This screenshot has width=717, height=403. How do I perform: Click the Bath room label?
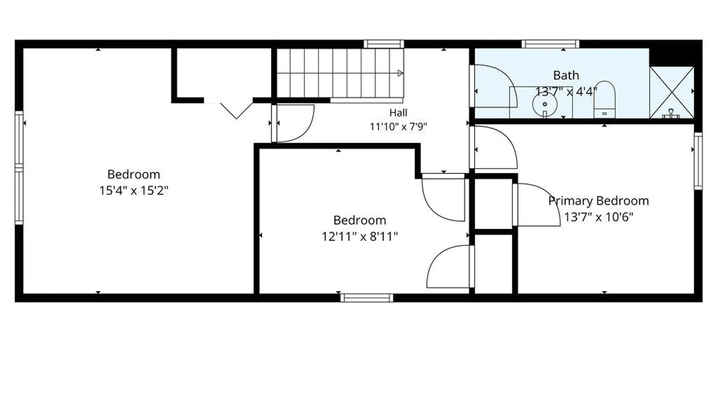point(566,75)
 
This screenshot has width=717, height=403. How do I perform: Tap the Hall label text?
point(398,113)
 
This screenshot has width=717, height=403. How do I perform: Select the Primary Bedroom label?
point(598,201)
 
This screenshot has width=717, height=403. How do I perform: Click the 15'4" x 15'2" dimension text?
point(134,191)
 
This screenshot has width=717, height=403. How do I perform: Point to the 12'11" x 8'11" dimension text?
point(360,237)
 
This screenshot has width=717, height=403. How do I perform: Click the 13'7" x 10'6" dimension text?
point(598,217)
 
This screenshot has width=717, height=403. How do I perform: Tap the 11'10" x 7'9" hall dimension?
point(398,127)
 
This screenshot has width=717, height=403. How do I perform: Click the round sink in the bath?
point(545,104)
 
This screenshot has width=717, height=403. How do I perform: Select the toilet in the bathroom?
point(604,99)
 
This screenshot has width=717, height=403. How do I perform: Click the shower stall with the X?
point(672,92)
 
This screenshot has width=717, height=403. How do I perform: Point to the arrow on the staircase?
point(400,73)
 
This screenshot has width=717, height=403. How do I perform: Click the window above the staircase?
point(384,44)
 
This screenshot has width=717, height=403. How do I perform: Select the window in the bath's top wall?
point(550,44)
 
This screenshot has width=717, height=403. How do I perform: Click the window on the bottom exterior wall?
point(367,298)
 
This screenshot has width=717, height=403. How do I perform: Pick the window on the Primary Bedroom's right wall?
point(698,161)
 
